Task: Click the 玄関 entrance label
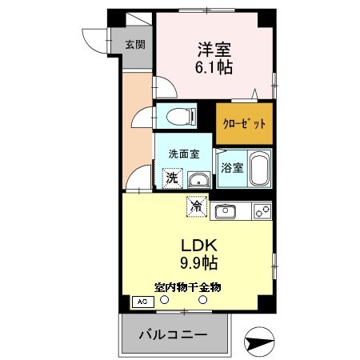(x=134, y=45)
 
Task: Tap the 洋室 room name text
(x=212, y=49)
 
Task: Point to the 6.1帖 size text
(x=212, y=68)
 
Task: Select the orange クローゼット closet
(x=244, y=124)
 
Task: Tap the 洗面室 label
(x=183, y=154)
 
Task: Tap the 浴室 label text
(x=231, y=170)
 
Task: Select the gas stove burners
(x=262, y=211)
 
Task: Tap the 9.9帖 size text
(x=197, y=262)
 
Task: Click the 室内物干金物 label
(x=188, y=286)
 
